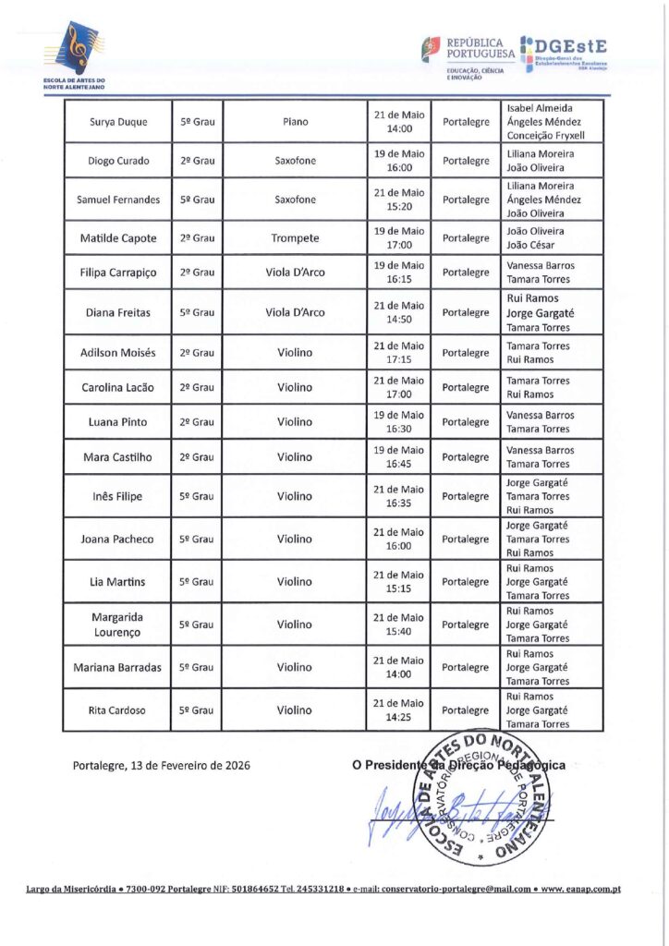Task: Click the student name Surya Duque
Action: (x=116, y=121)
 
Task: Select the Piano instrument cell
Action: (x=295, y=121)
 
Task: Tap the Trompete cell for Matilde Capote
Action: (x=295, y=238)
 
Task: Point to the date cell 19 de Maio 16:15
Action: (x=398, y=273)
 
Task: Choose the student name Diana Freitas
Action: (x=116, y=312)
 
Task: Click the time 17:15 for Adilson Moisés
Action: (x=399, y=359)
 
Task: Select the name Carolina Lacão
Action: (x=116, y=388)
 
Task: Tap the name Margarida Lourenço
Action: (x=116, y=625)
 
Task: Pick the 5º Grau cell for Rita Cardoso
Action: (x=196, y=710)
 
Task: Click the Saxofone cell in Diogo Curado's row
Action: (x=295, y=161)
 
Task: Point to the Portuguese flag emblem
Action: (x=432, y=48)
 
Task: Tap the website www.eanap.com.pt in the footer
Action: (x=582, y=889)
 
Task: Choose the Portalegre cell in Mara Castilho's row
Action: (x=466, y=457)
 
